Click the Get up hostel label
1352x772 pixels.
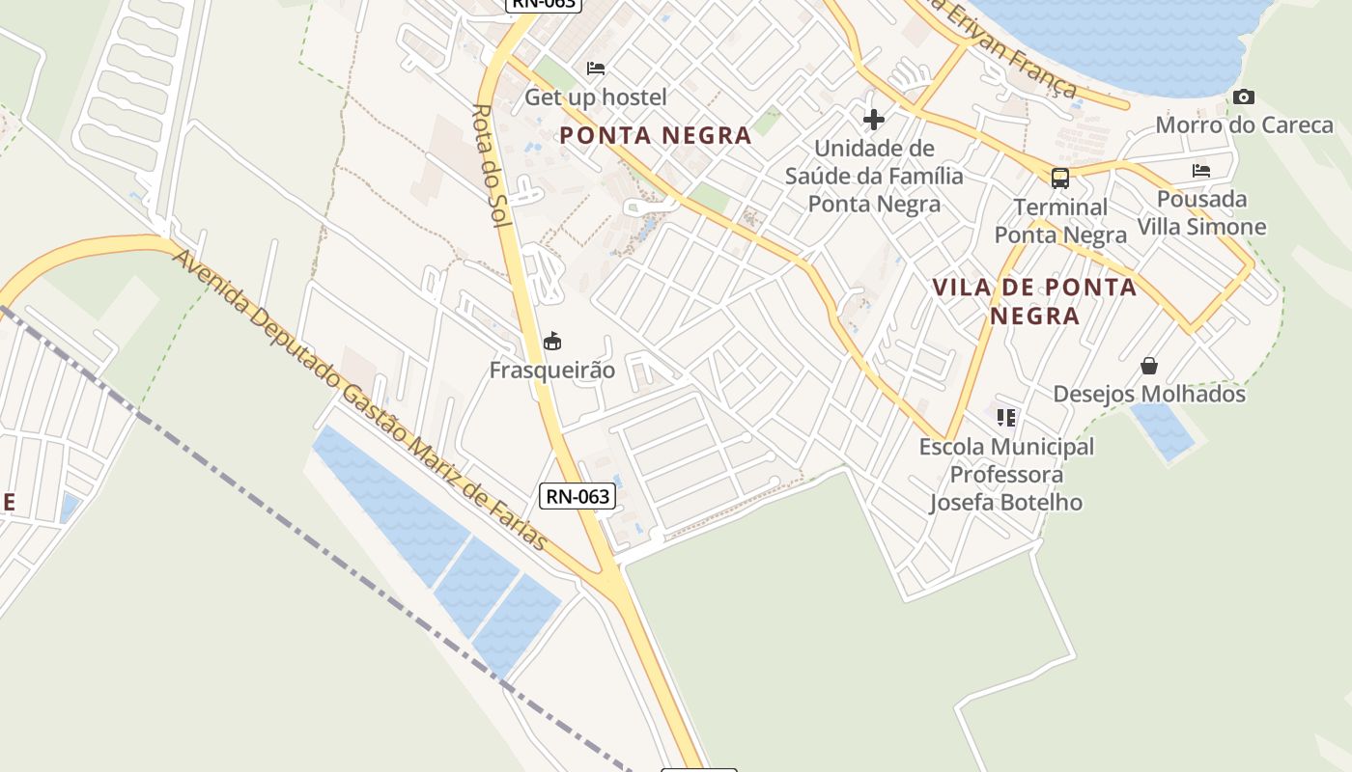pos(595,97)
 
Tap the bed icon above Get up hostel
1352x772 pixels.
pos(596,69)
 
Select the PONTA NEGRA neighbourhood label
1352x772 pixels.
pos(656,136)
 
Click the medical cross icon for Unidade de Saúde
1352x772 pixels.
pos(874,120)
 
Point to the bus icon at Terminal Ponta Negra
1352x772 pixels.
pos(1060,179)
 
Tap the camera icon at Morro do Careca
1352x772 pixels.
pos(1244,96)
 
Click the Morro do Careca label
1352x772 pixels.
pos(1244,124)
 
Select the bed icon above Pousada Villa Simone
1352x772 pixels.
pos(1201,171)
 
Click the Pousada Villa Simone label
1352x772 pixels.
pos(1201,213)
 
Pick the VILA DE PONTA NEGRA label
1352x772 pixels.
pos(1034,301)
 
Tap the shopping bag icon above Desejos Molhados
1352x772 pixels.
pos(1149,366)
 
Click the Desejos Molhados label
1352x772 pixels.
pos(1149,394)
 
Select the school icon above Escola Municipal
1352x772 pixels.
pos(1007,418)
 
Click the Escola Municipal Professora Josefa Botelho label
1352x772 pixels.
pos(1006,475)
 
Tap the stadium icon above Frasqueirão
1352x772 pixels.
pos(552,341)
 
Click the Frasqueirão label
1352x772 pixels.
pos(552,370)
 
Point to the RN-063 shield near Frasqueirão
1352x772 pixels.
pos(577,496)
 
